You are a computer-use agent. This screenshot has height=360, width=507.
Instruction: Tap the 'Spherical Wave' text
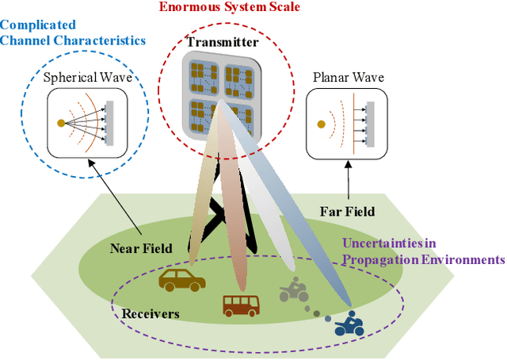(x=89, y=79)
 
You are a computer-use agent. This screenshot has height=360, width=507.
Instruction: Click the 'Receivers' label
(x=151, y=313)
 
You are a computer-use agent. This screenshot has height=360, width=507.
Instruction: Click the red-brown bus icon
(x=240, y=304)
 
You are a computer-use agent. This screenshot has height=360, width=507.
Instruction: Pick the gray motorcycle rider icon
(x=294, y=292)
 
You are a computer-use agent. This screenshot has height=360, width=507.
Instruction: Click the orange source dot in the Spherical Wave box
(x=61, y=123)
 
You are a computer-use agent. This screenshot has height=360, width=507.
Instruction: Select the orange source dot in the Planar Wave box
(x=321, y=124)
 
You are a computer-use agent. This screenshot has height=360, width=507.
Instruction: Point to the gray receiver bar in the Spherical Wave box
(x=109, y=123)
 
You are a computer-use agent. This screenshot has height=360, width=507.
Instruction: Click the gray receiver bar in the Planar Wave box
(x=369, y=124)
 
